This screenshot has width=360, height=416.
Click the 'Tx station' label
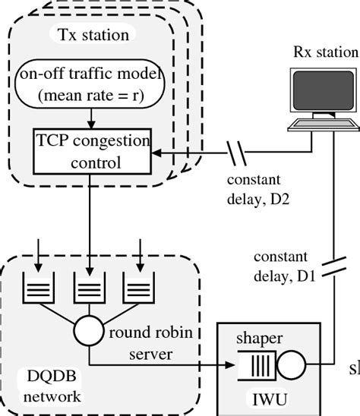pyautogui.click(x=93, y=35)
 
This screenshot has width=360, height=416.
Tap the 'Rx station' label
pyautogui.click(x=325, y=52)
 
